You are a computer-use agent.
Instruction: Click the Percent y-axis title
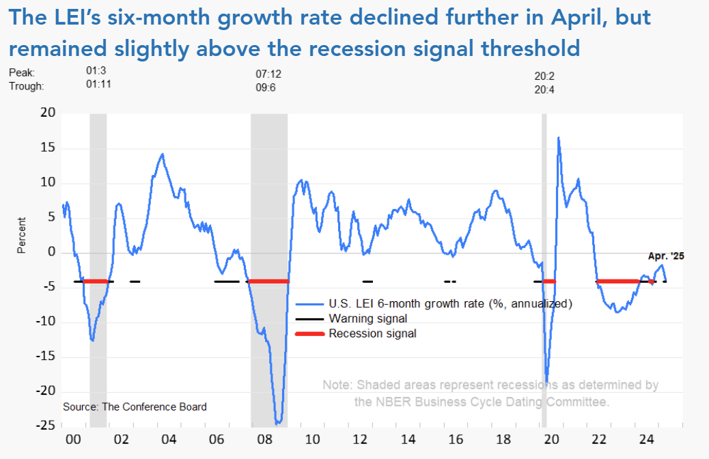21,235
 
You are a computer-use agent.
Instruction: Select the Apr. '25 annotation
665,257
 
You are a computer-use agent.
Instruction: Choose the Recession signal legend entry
372,333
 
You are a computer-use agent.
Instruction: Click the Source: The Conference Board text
135,406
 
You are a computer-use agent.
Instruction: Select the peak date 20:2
544,76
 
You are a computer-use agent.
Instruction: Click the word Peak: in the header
21,72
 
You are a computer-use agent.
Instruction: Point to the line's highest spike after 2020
559,138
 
